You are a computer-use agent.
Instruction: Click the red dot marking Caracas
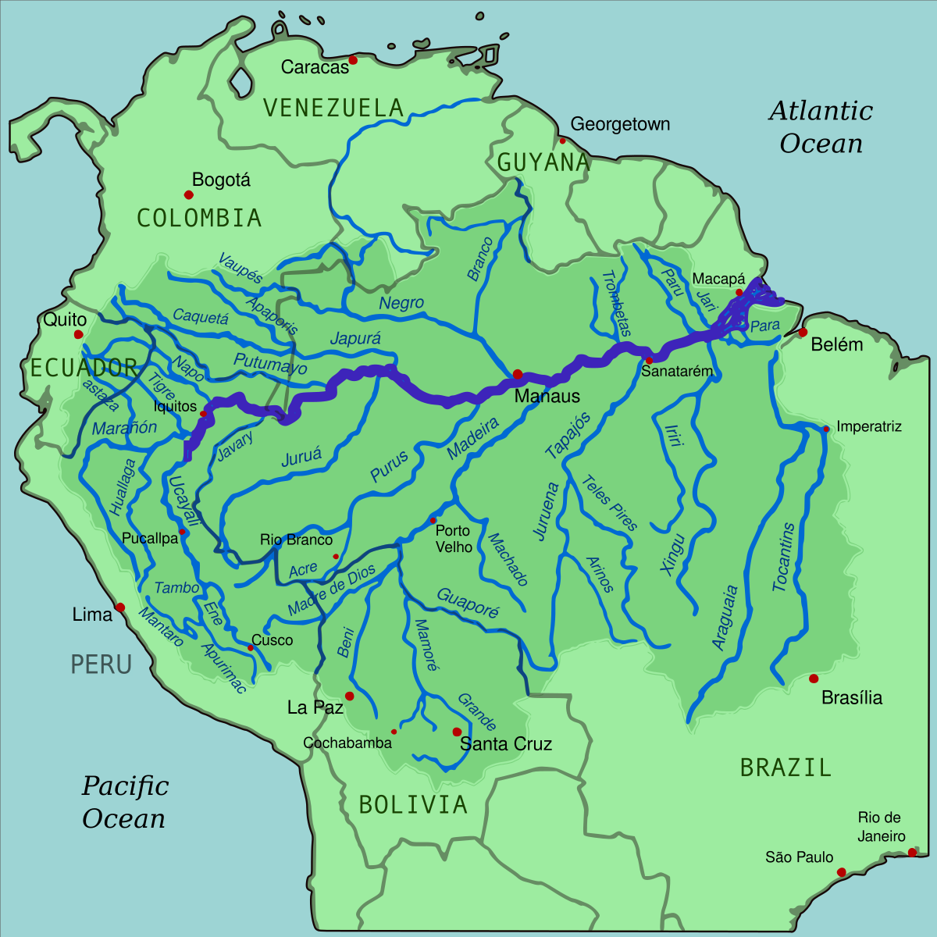pos(353,60)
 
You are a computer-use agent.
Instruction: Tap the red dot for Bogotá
pos(188,194)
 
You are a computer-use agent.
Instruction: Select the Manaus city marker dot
pos(517,375)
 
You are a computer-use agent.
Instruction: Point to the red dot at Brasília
pos(814,679)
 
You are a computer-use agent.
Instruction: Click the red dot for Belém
pos(803,333)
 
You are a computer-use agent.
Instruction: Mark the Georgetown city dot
pos(562,141)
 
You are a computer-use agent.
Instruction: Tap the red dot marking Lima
pos(120,607)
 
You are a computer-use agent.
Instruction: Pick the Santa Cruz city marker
pos(457,732)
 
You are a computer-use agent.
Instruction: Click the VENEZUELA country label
pos(333,108)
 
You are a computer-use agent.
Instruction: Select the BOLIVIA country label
pos(413,804)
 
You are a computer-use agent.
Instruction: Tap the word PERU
pos(102,664)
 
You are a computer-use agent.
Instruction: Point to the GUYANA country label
pos(543,162)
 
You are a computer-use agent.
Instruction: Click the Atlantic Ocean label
pos(821,127)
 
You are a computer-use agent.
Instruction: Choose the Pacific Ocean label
pos(125,802)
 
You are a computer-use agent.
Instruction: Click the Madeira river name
pos(473,438)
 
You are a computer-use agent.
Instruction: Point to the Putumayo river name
pos(270,363)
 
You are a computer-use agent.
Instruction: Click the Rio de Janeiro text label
pos(881,827)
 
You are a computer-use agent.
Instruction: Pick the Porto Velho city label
pos(454,539)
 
